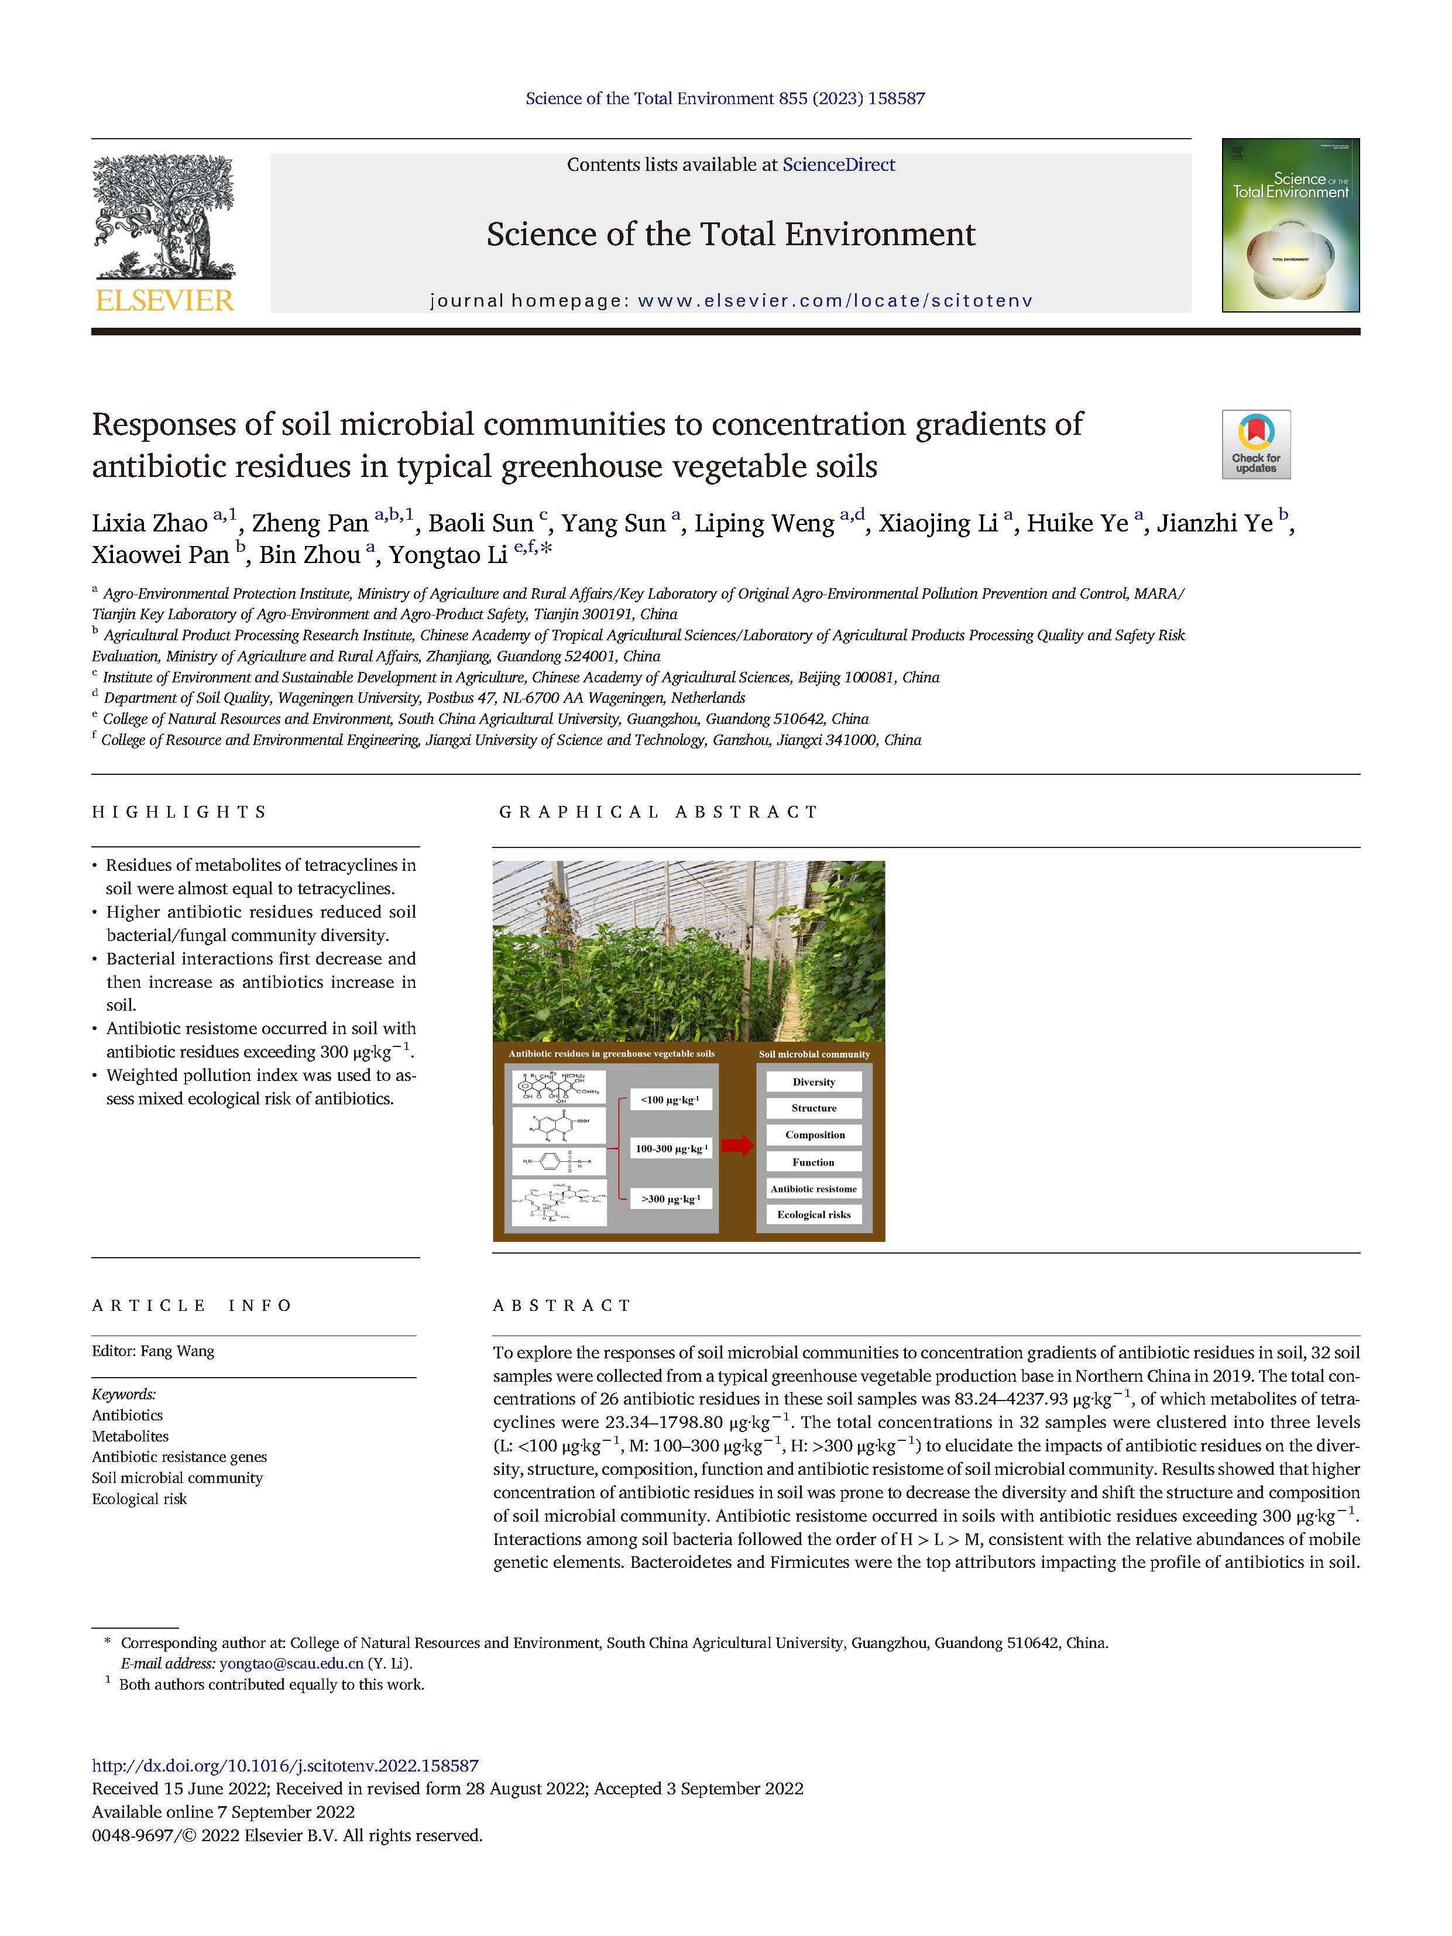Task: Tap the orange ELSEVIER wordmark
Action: click(164, 301)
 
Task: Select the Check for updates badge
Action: click(1256, 445)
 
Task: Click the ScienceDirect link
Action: click(839, 164)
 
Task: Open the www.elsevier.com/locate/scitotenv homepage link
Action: click(835, 301)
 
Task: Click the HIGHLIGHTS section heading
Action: click(180, 812)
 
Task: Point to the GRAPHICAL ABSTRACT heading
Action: click(658, 812)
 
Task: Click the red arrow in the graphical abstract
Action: click(738, 1146)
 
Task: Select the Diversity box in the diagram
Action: click(814, 1082)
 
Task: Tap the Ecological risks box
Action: click(814, 1215)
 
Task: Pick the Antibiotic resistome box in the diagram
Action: click(814, 1189)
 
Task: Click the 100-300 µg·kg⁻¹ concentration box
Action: click(671, 1148)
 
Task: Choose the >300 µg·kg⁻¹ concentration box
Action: click(671, 1198)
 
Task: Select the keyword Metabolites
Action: click(131, 1436)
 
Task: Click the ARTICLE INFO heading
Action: click(193, 1305)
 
